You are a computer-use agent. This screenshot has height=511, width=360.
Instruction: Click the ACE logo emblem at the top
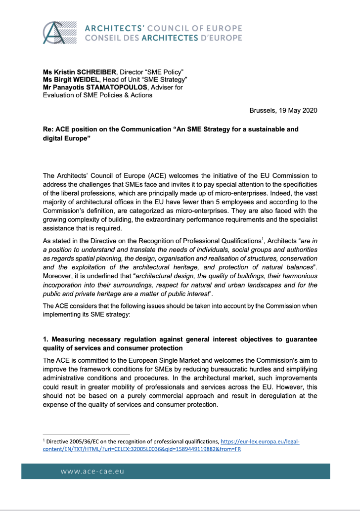(59, 33)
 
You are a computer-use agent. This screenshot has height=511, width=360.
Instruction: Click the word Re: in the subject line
(48, 129)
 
